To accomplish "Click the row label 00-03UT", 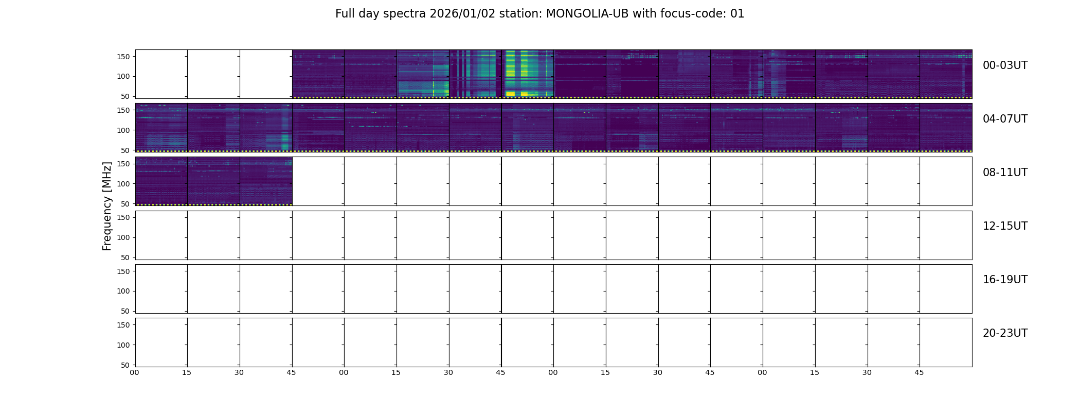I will point(1005,65).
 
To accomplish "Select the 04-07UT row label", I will point(1005,119).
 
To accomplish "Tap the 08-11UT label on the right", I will point(1005,173).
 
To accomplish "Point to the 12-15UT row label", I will point(1005,226).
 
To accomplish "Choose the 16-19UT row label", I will point(1005,280).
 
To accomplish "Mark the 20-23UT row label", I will point(1005,333).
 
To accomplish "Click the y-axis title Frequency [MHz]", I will point(107,206).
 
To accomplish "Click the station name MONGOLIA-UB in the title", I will point(587,14).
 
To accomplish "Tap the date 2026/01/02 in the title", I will point(462,14).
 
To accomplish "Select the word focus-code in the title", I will point(691,14).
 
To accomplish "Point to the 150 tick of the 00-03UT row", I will point(123,57).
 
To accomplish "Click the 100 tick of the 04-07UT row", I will point(123,130).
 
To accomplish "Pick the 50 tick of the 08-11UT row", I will point(125,204).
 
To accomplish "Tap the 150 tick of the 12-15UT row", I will point(123,217).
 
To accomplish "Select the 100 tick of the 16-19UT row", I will point(123,291).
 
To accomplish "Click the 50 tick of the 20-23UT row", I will point(125,365).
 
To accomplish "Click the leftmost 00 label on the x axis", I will point(134,372).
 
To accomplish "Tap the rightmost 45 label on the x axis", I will point(919,372).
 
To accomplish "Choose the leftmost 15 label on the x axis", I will point(187,372).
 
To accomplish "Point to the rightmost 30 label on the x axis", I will point(867,372).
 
